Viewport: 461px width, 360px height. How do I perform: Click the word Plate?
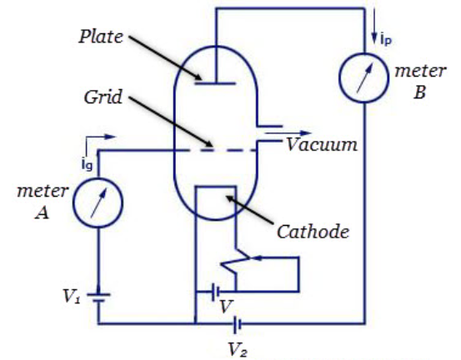(101, 37)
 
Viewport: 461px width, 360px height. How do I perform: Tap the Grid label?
(103, 97)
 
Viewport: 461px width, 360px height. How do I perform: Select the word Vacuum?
(322, 145)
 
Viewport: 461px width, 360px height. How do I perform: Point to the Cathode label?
(313, 232)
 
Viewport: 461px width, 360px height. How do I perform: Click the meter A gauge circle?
(98, 178)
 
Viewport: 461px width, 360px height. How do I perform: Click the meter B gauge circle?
(364, 53)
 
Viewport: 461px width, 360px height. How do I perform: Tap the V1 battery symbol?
(98, 297)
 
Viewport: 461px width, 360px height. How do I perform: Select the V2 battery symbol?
(238, 324)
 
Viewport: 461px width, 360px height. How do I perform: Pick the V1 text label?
(72, 296)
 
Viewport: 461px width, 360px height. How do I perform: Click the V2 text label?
(238, 350)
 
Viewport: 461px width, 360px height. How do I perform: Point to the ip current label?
(386, 39)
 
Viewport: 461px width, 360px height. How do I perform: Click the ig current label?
(87, 164)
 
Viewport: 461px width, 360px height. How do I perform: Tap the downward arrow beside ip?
(374, 26)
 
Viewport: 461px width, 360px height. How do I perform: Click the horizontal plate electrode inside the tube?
(216, 84)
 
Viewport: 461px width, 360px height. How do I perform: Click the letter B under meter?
(419, 92)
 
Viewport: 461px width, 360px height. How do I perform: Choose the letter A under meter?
(42, 212)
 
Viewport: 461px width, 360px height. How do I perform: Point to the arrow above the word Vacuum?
(288, 133)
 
